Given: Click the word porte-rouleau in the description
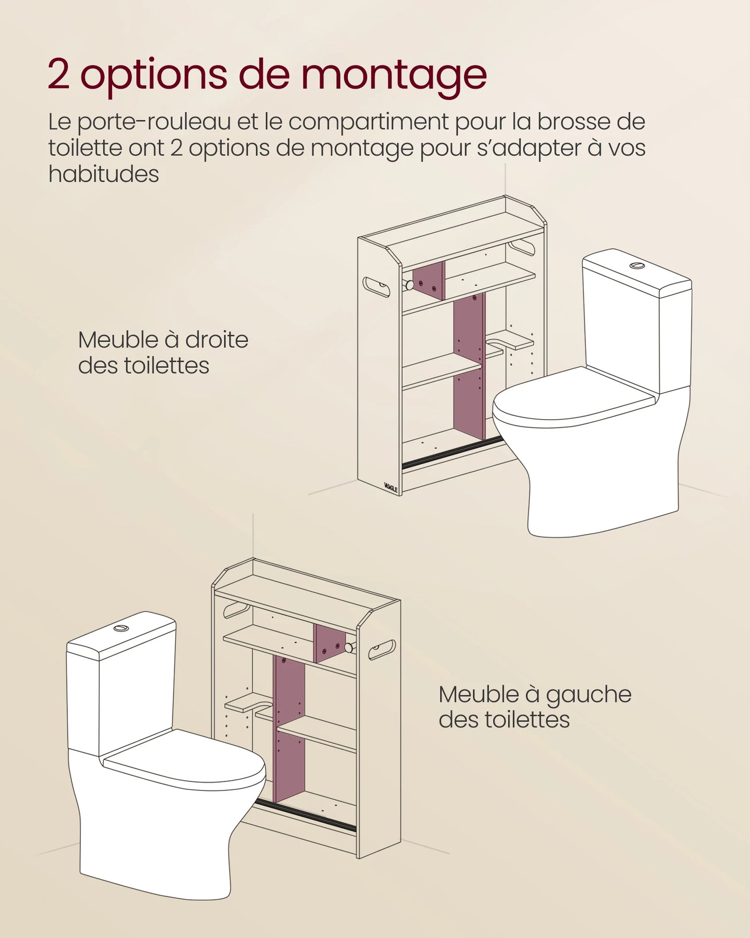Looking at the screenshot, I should [154, 123].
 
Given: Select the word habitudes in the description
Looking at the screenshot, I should [103, 174].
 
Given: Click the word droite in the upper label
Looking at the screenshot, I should [216, 340].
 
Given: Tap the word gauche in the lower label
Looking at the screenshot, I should [588, 695].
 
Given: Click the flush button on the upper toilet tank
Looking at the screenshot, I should [637, 266].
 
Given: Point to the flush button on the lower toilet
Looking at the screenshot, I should [121, 628].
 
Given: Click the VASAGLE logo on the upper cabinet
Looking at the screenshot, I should [390, 487].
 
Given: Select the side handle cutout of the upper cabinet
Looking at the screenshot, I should [376, 287].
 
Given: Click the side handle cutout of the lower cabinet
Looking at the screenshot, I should [382, 650].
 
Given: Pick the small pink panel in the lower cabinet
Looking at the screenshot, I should [330, 643].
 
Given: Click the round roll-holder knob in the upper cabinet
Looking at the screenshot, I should [410, 285].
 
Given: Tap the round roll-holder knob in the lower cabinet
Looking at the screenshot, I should [349, 648].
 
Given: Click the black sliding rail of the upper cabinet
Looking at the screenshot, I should [452, 452].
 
